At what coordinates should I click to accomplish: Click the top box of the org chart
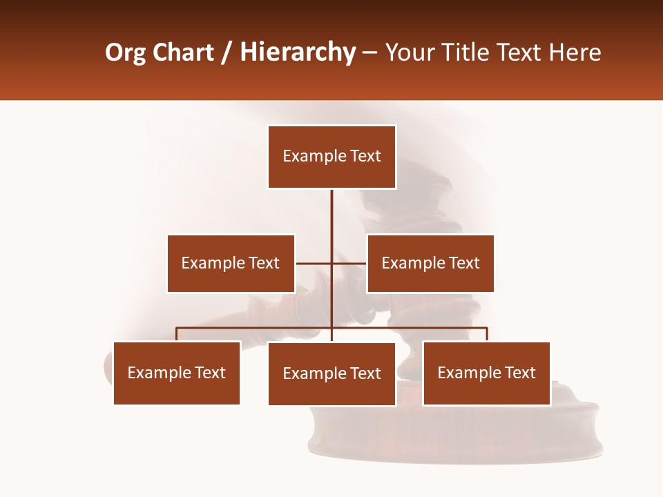(331, 157)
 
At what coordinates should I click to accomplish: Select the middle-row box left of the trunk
(231, 263)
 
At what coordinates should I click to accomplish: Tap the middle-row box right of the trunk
(430, 263)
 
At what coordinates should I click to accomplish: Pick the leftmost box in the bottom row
(177, 373)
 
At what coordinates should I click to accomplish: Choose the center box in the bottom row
(331, 373)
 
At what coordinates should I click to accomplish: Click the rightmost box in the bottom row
(486, 373)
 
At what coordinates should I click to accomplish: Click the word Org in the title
(125, 52)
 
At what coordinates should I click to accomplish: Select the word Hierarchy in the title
(298, 52)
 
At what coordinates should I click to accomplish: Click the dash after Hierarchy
(369, 52)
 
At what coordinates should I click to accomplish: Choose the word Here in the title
(575, 52)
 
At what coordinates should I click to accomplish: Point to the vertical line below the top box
(331, 214)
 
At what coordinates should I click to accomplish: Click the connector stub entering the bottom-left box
(177, 335)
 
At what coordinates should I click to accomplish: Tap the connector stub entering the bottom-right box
(487, 335)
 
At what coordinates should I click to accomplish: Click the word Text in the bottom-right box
(520, 373)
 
